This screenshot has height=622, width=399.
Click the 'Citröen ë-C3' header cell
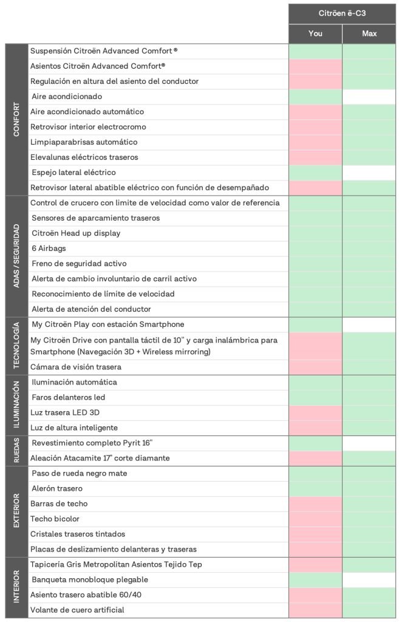pos(342,13)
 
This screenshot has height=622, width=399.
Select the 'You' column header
pos(315,33)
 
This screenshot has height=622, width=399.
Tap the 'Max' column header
pos(369,33)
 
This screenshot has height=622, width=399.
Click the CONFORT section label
pos(16,120)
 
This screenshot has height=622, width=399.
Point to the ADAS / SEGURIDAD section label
pos(16,256)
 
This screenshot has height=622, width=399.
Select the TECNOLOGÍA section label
pos(16,346)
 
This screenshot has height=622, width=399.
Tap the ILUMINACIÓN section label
pos(16,405)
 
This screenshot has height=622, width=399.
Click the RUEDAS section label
pos(16,451)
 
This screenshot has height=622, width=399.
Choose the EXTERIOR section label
pos(16,511)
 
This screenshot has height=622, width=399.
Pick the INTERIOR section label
pos(16,587)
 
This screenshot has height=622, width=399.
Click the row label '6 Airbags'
pos(49,248)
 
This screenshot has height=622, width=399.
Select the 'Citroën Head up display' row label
pos(76,233)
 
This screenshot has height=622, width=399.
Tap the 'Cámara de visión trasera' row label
pos(76,367)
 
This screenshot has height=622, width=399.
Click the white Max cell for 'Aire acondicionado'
pos(369,97)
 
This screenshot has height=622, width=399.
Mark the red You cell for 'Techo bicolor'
pos(315,519)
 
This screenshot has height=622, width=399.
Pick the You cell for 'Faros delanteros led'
pos(315,397)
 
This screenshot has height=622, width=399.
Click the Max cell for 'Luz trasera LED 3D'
pos(369,412)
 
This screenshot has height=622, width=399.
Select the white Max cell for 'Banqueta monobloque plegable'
pos(369,579)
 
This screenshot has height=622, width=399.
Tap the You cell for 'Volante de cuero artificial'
pos(315,610)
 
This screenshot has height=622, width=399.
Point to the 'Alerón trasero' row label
pos(57,488)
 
